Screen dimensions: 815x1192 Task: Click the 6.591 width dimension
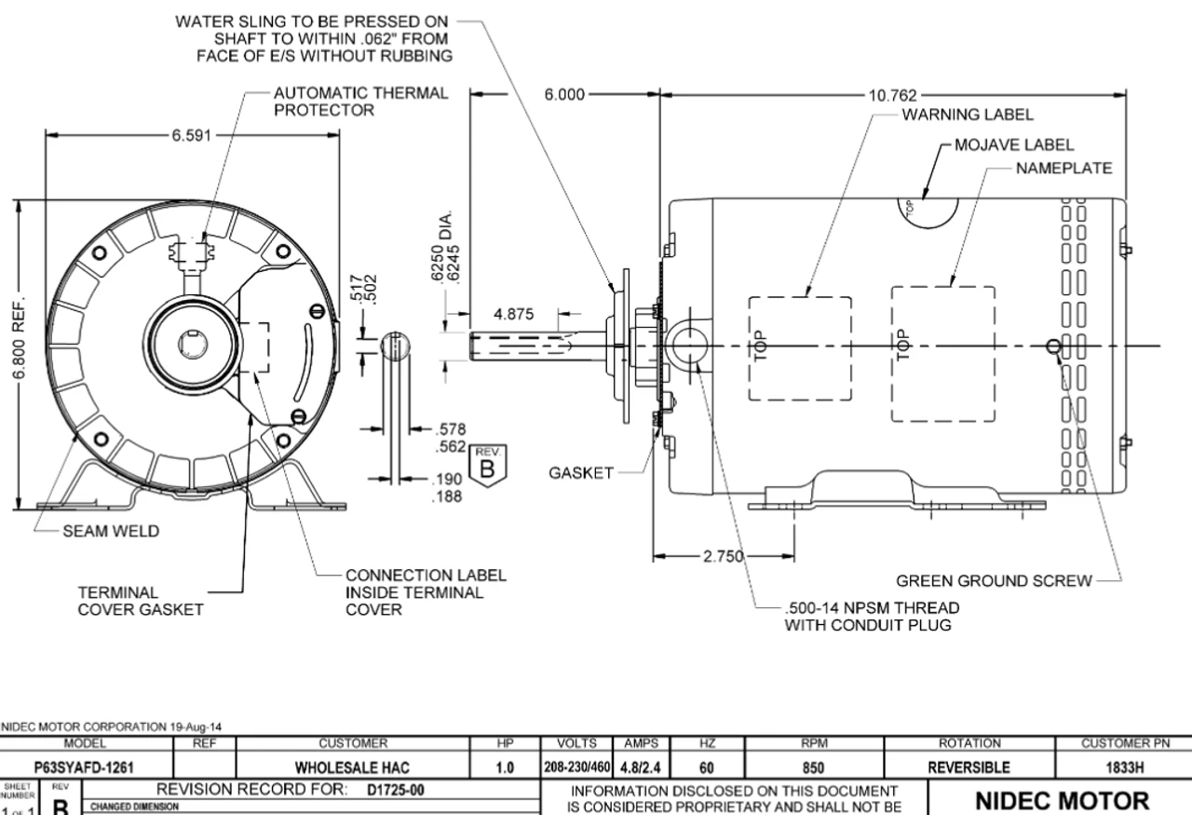pos(190,135)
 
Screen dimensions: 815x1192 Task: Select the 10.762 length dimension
pos(892,95)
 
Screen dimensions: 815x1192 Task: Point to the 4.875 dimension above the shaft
pos(513,314)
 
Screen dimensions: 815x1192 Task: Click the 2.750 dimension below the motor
pos(720,557)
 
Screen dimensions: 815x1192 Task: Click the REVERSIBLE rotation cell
pos(968,767)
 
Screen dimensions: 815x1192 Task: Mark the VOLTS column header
pos(574,744)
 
